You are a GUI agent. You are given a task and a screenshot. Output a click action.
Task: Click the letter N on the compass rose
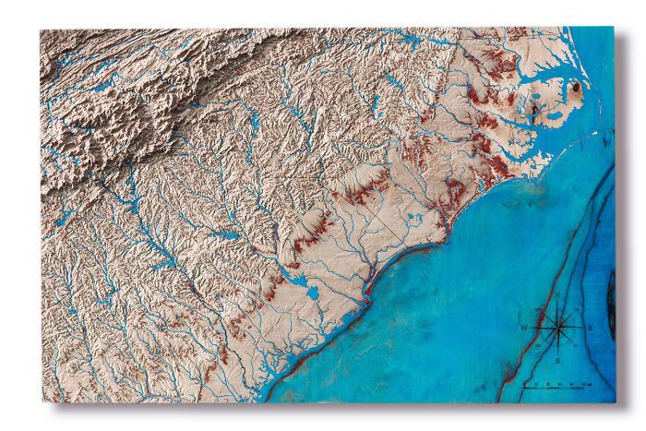(557, 295)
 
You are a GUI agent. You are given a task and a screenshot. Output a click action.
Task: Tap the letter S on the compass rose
(557, 359)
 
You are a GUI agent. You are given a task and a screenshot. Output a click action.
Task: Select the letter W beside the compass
(524, 329)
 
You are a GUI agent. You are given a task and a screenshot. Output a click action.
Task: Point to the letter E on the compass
(590, 328)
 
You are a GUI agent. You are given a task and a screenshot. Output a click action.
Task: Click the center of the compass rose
(557, 327)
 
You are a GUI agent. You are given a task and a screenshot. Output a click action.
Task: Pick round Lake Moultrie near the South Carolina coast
(311, 293)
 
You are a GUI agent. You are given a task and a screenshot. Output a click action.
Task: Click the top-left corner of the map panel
(41, 30)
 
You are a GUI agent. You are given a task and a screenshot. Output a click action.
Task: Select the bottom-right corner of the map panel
(615, 402)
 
